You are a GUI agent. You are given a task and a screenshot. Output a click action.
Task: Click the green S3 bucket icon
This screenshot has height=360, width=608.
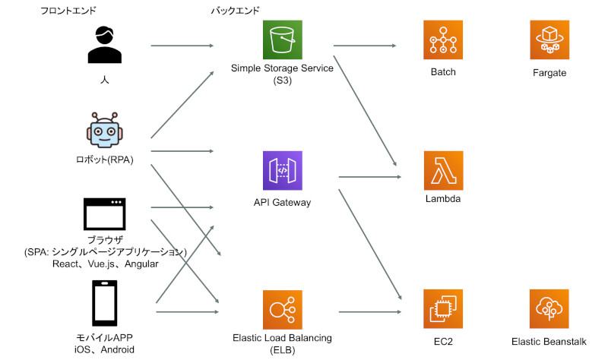pyautogui.click(x=282, y=40)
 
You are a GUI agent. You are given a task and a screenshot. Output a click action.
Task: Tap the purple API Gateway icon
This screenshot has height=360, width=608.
pyautogui.click(x=282, y=171)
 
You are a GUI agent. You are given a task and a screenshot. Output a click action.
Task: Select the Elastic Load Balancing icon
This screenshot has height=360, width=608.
pyautogui.click(x=282, y=310)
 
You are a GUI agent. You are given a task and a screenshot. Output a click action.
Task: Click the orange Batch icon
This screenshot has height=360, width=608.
pyautogui.click(x=443, y=40)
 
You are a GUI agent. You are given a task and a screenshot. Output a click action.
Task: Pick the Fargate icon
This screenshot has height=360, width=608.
pyautogui.click(x=549, y=40)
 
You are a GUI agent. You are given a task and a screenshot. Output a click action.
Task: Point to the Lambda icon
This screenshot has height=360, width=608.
pyautogui.click(x=443, y=171)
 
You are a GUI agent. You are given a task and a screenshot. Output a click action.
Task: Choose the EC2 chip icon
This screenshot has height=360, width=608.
pyautogui.click(x=443, y=310)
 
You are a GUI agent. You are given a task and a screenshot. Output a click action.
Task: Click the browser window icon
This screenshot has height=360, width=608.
pyautogui.click(x=105, y=214)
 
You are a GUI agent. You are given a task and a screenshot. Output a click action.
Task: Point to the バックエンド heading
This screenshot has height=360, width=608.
pyautogui.click(x=236, y=11)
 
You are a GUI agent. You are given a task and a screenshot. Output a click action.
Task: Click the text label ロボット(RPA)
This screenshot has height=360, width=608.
pyautogui.click(x=105, y=159)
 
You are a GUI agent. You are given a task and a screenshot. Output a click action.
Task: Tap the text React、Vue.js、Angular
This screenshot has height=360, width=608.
pyautogui.click(x=105, y=264)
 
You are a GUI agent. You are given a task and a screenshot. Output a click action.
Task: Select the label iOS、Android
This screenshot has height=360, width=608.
pyautogui.click(x=105, y=350)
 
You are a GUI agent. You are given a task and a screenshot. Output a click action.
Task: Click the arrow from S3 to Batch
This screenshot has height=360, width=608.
pyautogui.click(x=365, y=46)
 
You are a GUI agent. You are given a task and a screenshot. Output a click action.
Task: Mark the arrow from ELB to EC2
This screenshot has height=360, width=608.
pyautogui.click(x=369, y=312)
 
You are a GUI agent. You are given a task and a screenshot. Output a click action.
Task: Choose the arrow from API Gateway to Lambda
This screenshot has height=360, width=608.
pyautogui.click(x=369, y=177)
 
